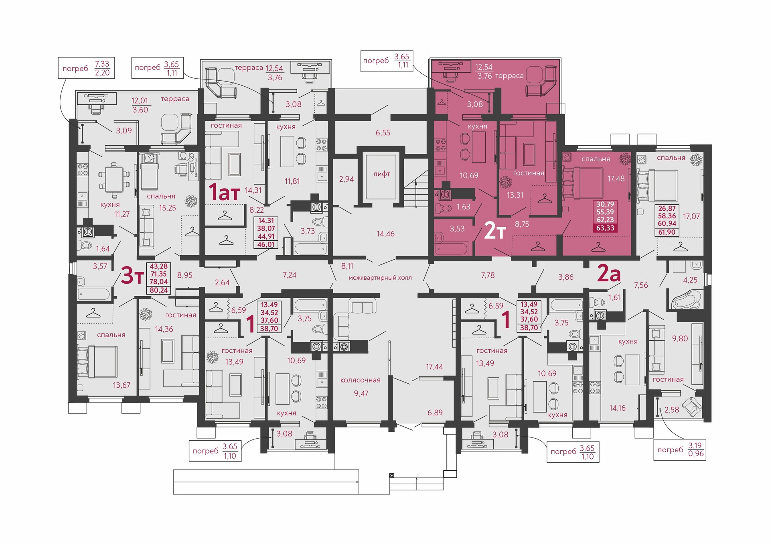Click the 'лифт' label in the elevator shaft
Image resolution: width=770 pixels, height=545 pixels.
381,174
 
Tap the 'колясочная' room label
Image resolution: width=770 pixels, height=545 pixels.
360,380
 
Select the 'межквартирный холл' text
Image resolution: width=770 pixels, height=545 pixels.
380,278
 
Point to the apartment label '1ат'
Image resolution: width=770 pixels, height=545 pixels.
224,192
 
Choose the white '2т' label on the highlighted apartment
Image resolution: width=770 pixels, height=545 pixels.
495,230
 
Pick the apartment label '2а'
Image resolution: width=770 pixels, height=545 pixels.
609,274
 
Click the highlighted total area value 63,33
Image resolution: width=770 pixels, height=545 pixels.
605,228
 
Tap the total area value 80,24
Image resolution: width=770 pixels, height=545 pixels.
159,290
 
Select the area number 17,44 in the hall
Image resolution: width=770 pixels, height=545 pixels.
434,367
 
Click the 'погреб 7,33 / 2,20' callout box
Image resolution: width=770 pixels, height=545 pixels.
86,68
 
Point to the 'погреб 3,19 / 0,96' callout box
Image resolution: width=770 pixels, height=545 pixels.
680,449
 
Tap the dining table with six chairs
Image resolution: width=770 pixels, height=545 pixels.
114,180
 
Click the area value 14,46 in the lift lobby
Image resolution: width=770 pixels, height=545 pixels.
385,234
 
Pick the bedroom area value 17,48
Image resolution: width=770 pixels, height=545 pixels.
616,179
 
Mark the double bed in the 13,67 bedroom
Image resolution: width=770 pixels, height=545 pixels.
98,362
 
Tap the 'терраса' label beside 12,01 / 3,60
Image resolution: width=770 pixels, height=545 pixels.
175,99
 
